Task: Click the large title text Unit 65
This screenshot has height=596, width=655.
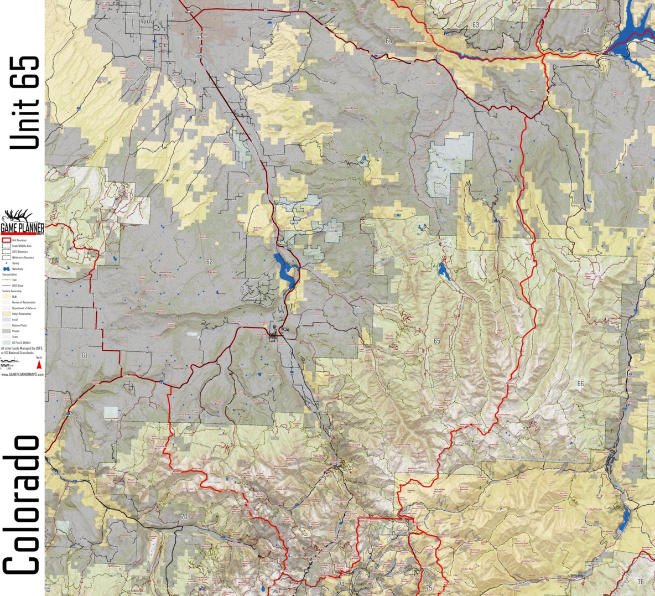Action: tap(25, 102)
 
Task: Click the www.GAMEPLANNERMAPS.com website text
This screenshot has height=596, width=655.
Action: tap(22, 375)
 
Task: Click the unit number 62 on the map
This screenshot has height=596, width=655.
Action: tap(209, 262)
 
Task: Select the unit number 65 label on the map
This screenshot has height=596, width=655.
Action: tap(437, 341)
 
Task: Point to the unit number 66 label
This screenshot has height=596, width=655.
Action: tap(580, 383)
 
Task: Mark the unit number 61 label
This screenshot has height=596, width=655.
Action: tap(84, 355)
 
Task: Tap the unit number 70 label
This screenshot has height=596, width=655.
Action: tap(184, 517)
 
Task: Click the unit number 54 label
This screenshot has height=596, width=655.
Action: tap(586, 30)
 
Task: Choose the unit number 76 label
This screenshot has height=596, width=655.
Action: tap(640, 581)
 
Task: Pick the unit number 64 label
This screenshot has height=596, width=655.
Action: tap(389, 42)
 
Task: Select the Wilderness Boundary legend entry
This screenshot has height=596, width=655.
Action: tap(17, 257)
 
